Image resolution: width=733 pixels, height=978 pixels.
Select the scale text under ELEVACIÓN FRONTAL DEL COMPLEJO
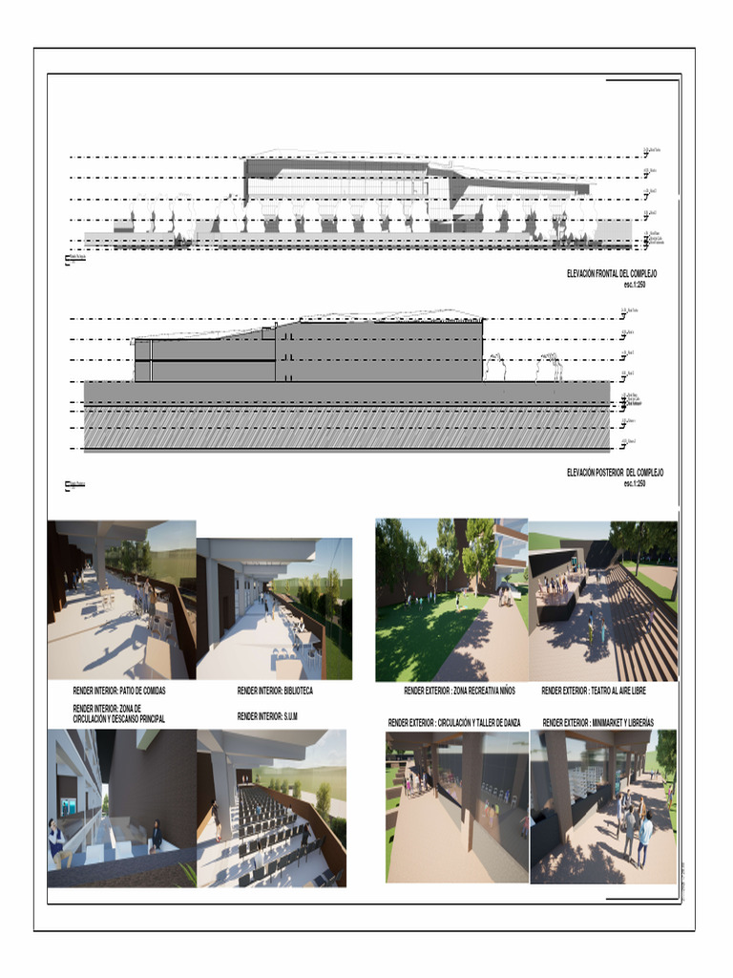pos(640,284)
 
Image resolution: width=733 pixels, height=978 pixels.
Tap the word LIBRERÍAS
pos(655,723)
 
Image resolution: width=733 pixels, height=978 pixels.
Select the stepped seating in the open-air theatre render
pos(640,621)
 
